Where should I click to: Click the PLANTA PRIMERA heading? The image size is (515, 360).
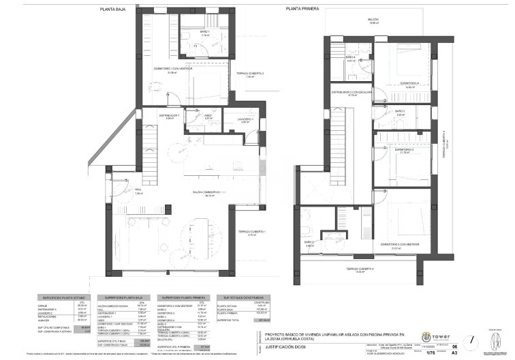pyautogui.click(x=303, y=8)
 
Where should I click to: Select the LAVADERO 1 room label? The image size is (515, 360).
pyautogui.click(x=246, y=119)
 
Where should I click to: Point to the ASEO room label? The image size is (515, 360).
pyautogui.click(x=208, y=116)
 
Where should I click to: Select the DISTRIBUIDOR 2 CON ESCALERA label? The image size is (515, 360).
pyautogui.click(x=352, y=92)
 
